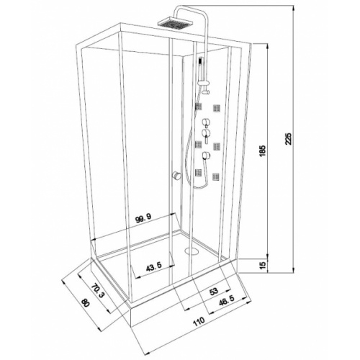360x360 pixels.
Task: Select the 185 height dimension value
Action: coord(263,150)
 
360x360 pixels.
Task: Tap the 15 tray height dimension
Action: coord(263,264)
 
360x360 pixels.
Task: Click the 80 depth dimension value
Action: coord(86,302)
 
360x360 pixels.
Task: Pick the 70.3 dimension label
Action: coord(96,291)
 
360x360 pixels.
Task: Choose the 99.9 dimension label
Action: coord(146,219)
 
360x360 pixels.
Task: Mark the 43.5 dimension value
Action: coord(154,266)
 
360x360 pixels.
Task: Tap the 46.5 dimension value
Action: coord(227,300)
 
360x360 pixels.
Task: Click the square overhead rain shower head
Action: coord(176,22)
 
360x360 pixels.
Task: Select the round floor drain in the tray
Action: coord(192,251)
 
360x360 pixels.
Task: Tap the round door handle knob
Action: coord(176,176)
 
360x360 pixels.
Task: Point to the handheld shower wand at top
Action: coord(201,69)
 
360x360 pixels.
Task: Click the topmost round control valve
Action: coord(205,122)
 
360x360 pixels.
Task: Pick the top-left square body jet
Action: coord(198,107)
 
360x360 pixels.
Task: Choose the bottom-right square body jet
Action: coord(216,176)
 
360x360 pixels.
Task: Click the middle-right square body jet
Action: coord(217,146)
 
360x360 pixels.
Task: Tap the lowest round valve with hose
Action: coord(207,156)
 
